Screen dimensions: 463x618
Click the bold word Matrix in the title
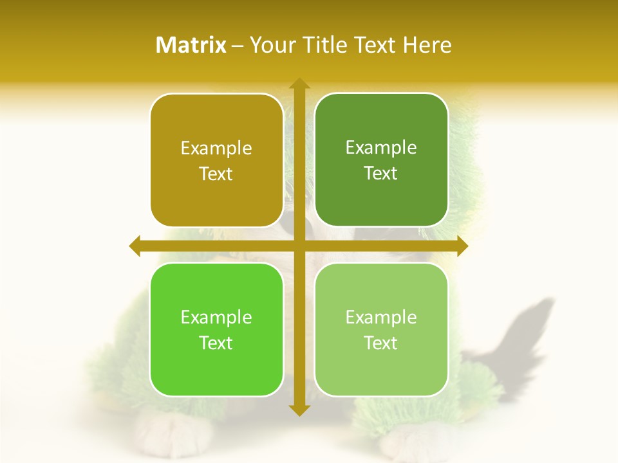[x=191, y=45]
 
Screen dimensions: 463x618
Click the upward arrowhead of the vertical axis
[x=298, y=84]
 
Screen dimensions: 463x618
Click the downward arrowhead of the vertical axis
[x=298, y=410]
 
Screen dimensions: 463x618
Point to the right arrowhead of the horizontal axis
[x=462, y=246]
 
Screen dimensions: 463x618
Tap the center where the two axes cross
[x=298, y=246]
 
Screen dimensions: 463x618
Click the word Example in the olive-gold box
[x=216, y=149]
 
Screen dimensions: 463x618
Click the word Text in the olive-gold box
[x=216, y=174]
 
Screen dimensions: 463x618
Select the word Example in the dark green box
[x=381, y=148]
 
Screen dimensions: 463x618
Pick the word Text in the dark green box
[x=381, y=174]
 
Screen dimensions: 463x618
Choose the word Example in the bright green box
[x=216, y=318]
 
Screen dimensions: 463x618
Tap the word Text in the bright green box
[x=216, y=343]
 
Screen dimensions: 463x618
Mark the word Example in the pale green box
[x=381, y=318]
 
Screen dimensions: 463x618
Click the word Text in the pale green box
[x=381, y=343]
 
